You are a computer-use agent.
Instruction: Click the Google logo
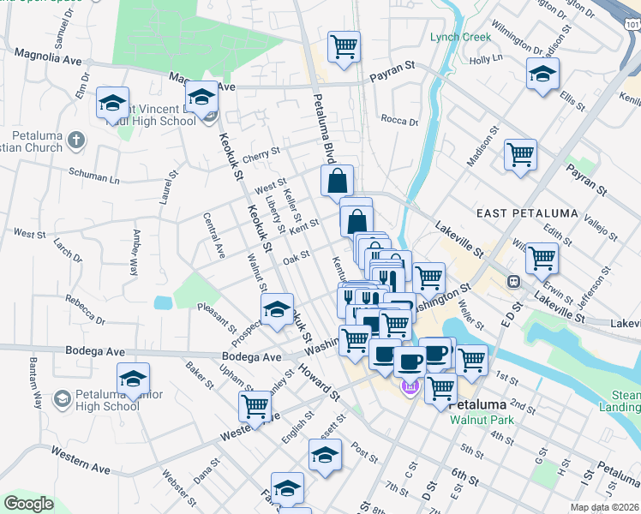pos(28,504)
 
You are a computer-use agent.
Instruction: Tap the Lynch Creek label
pos(460,37)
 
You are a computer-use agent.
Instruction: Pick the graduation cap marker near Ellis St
pos(542,75)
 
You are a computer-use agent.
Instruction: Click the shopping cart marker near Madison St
pos(520,155)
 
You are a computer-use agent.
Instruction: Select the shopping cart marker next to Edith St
pos(542,257)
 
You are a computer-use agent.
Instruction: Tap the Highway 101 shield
pos(632,27)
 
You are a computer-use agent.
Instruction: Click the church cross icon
pos(75,139)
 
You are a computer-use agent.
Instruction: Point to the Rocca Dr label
pos(398,121)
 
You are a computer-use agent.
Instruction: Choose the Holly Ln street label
pos(485,59)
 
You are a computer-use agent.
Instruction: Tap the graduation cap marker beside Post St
pos(325,455)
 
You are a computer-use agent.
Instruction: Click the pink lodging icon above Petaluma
pos(409,387)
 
